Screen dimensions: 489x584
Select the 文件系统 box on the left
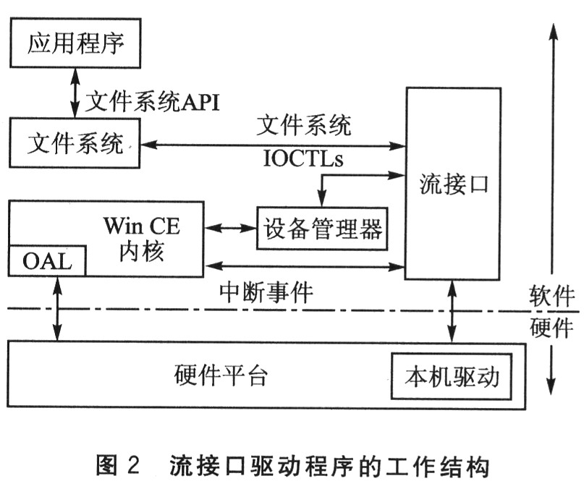[75, 144]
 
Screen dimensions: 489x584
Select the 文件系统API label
[152, 102]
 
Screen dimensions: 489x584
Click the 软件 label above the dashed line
[552, 296]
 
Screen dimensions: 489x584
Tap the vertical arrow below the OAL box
[57, 308]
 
